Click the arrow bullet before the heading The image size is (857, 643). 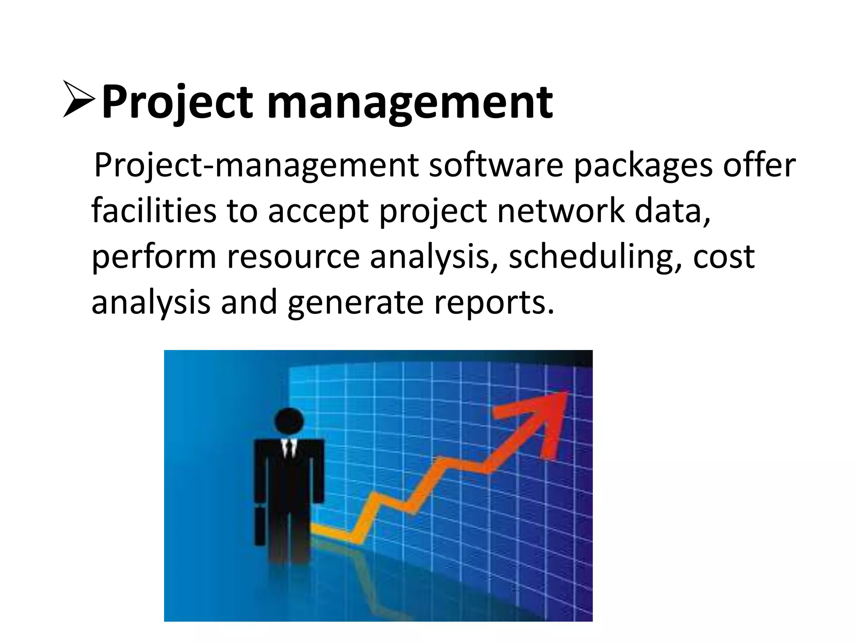tap(79, 99)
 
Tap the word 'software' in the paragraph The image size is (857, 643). tap(496, 165)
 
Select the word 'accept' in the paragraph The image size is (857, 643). tap(318, 212)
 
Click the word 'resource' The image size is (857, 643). tap(293, 257)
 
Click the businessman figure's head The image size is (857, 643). tap(289, 421)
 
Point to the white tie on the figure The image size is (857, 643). tap(288, 448)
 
